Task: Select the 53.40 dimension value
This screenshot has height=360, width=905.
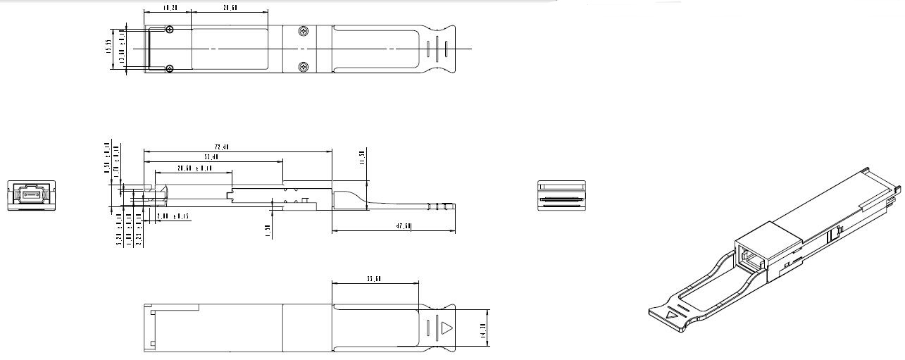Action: tap(209, 157)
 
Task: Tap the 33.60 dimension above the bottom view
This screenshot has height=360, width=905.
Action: tap(374, 280)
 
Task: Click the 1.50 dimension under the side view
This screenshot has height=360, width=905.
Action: tap(268, 230)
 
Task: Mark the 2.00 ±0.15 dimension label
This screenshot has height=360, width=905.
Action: tap(173, 216)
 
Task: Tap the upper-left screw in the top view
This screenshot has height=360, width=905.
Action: tap(170, 30)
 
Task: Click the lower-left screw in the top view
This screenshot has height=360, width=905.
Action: tap(170, 68)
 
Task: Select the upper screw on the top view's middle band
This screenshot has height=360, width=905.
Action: tap(303, 31)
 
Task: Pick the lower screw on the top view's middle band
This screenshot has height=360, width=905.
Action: tap(303, 67)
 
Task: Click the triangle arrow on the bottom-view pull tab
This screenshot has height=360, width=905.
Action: tap(447, 328)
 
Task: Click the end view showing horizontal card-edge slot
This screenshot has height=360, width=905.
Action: tap(561, 196)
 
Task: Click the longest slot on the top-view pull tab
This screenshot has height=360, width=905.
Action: tap(436, 49)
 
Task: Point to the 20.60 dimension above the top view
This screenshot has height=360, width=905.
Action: tap(230, 8)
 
